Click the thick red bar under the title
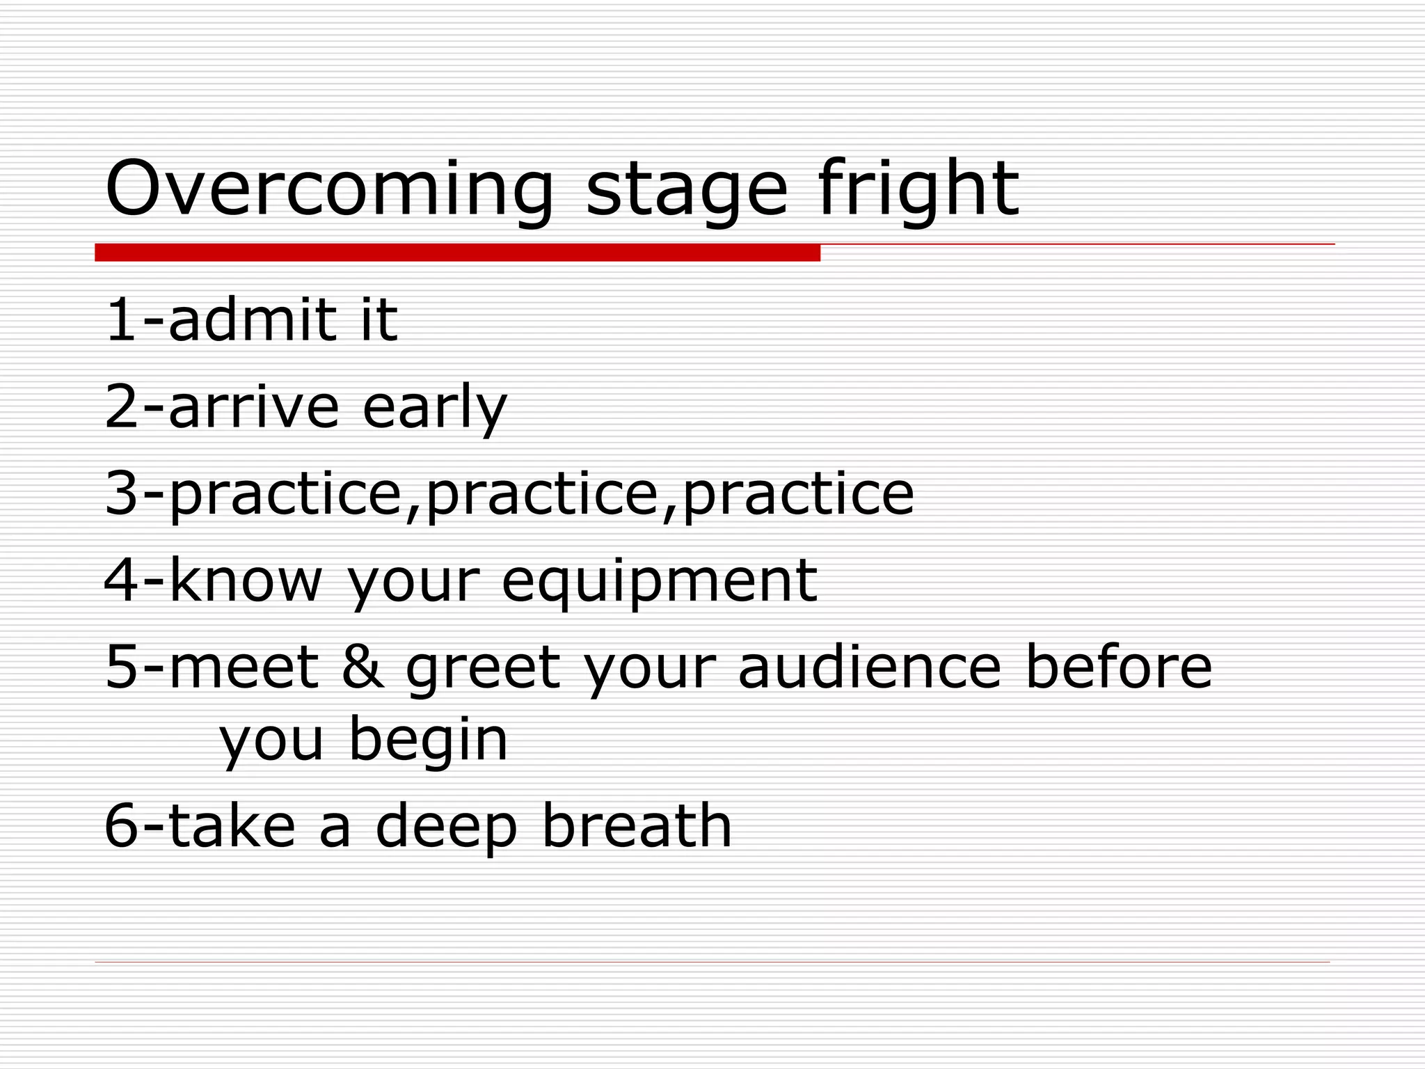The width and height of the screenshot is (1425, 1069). pyautogui.click(x=457, y=253)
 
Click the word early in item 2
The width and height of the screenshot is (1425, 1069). pyautogui.click(x=434, y=408)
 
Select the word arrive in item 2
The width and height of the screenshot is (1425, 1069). pyautogui.click(x=253, y=406)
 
